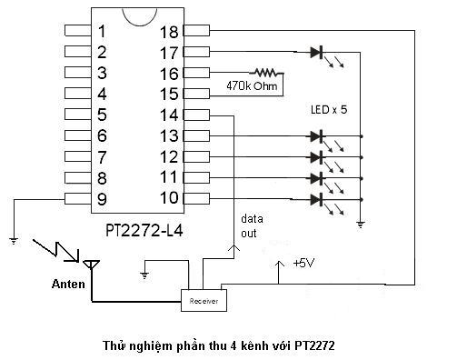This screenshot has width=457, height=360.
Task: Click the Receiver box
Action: [x=204, y=300]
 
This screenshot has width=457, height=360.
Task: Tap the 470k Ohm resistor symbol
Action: [x=266, y=73]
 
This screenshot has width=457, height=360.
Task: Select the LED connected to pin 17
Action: [x=316, y=52]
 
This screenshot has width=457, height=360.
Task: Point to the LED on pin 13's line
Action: [x=316, y=136]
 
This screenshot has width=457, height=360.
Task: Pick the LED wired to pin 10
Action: [x=316, y=199]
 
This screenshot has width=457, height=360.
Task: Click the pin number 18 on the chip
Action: [x=169, y=32]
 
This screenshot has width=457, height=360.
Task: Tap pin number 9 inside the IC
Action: [x=102, y=199]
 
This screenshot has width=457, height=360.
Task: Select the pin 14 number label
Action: [x=169, y=115]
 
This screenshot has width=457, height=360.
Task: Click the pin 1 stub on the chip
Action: [x=78, y=31]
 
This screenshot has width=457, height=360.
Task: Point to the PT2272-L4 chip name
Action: [x=144, y=231]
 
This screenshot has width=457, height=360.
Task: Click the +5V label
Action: [x=303, y=263]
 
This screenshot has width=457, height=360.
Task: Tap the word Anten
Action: [x=68, y=284]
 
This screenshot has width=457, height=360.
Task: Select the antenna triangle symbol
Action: [x=92, y=265]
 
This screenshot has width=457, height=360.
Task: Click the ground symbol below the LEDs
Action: [x=361, y=225]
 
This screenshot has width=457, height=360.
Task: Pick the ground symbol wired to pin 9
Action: [x=14, y=241]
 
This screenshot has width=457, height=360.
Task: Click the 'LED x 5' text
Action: [x=329, y=109]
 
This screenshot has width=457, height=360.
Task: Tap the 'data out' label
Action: [x=252, y=226]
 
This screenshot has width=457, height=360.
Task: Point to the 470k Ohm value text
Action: [x=252, y=86]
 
